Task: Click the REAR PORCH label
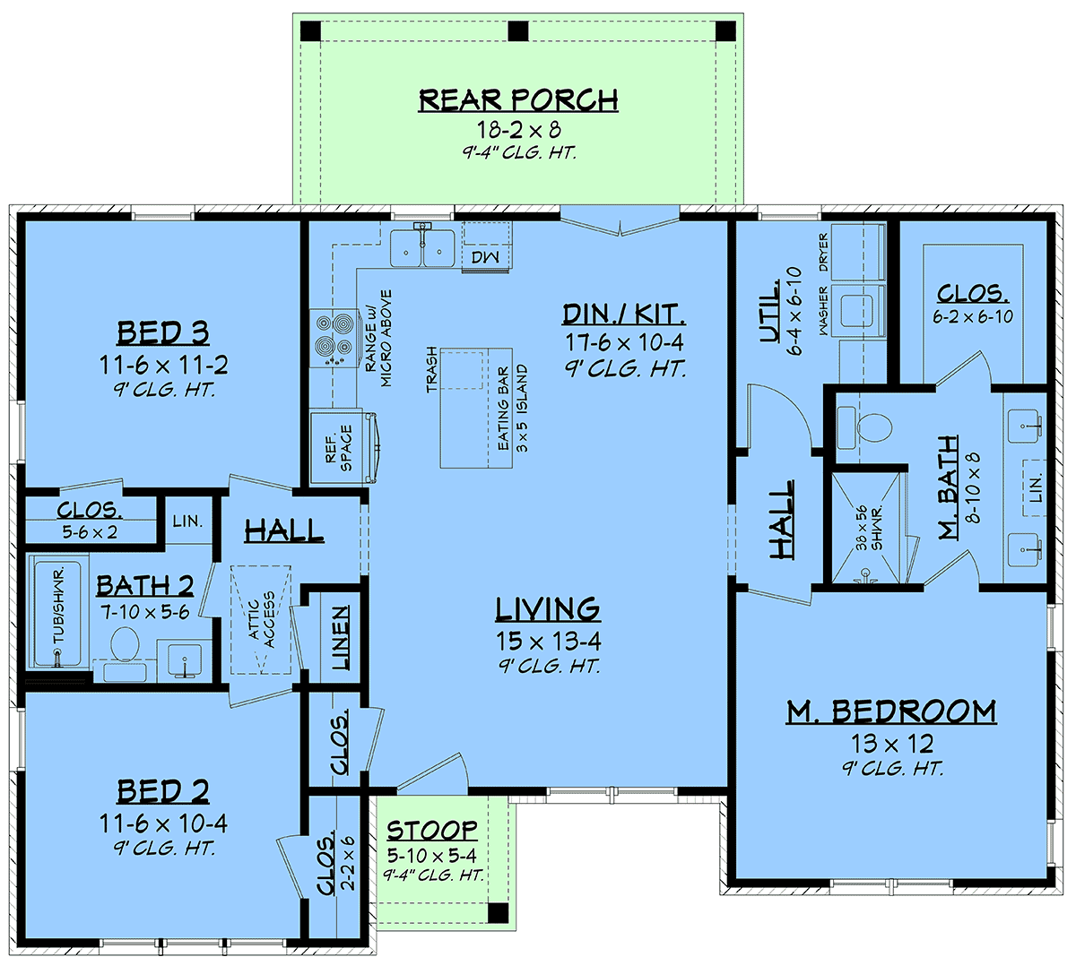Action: [x=518, y=100]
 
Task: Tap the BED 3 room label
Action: [x=163, y=332]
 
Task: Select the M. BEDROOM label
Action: [x=891, y=711]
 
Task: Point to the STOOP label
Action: [x=432, y=831]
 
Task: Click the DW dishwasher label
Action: [x=485, y=257]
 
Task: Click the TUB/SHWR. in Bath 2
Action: [x=58, y=612]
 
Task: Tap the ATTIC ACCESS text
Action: [x=262, y=619]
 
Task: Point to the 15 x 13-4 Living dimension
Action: [x=548, y=641]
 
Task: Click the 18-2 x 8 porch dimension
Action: [x=518, y=129]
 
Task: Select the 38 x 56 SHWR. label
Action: [x=869, y=528]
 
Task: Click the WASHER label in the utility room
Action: [x=824, y=310]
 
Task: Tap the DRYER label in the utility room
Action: [x=823, y=252]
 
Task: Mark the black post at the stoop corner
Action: [x=499, y=912]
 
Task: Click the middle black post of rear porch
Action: [x=517, y=31]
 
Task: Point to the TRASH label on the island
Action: [x=431, y=370]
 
